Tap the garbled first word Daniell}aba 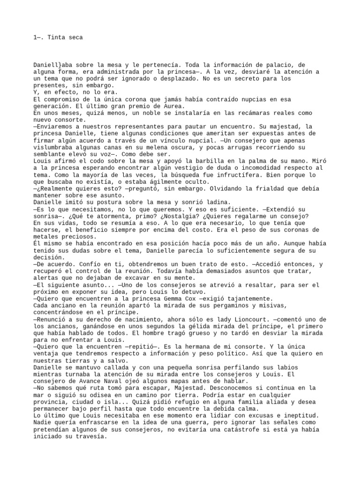tap(52, 65)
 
